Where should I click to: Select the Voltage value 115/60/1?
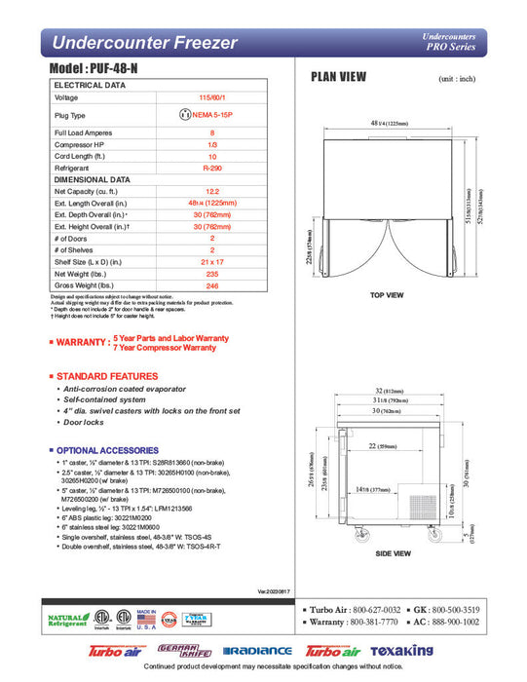point(211,98)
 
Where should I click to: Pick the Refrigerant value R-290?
point(211,169)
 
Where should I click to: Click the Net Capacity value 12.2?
point(211,192)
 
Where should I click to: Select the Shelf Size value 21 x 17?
point(211,261)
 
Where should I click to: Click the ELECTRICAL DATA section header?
point(91,86)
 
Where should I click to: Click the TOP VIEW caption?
point(387,294)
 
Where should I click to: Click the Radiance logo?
point(257,651)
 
